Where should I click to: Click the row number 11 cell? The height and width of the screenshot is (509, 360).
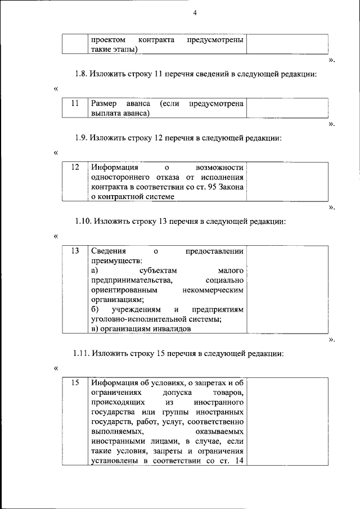74,103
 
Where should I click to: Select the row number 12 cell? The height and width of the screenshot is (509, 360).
74,168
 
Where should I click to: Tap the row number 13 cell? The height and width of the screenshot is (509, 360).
74,251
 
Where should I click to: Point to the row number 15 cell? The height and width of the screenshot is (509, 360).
74,382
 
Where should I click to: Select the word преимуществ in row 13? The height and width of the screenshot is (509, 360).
115,260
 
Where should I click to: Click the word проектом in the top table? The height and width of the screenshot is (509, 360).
107,40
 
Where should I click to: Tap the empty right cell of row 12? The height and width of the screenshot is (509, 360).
287,182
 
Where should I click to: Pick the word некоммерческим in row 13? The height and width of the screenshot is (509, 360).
213,290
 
